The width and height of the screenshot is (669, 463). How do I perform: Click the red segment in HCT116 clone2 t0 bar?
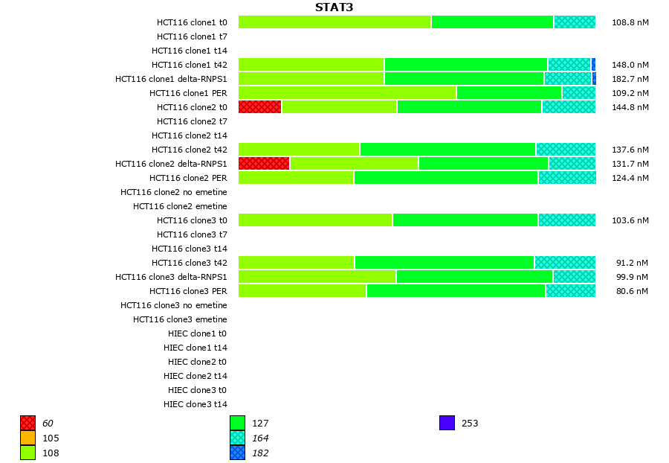point(259,107)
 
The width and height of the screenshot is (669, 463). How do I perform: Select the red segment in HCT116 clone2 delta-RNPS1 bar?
point(264,164)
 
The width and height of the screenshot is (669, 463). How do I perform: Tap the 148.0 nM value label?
point(630,65)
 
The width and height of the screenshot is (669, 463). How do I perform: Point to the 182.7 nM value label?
point(630,79)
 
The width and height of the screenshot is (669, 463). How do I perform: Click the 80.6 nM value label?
point(632,291)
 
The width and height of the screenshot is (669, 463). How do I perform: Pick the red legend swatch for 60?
point(28,424)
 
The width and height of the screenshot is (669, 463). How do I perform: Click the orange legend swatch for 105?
point(28,438)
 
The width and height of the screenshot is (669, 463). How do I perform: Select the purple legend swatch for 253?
point(447,424)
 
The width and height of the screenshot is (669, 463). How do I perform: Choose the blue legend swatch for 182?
point(237,453)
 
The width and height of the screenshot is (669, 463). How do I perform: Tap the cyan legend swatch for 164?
point(237,438)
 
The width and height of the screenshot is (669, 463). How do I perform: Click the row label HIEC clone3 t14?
point(195,404)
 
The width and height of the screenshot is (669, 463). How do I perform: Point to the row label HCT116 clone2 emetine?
point(180,206)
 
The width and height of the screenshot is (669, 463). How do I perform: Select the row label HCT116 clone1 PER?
point(188,93)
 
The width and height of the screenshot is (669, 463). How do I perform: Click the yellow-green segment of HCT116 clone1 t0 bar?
point(334,22)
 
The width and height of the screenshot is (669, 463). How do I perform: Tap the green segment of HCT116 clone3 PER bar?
point(456,291)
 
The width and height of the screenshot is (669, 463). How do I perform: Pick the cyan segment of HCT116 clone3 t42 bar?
point(565,263)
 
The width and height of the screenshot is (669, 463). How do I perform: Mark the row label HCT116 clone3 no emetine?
point(174,305)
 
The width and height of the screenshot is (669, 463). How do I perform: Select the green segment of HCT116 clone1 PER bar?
point(509,93)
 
